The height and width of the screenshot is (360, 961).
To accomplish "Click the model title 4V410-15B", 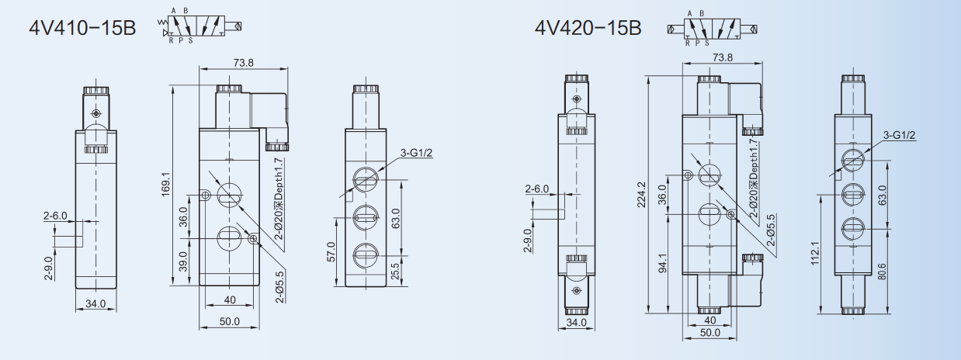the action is (82, 28).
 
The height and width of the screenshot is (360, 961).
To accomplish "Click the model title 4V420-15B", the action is (588, 28).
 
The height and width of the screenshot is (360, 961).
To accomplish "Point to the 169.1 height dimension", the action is (166, 185).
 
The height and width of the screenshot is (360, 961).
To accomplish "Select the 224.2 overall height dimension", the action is (641, 195).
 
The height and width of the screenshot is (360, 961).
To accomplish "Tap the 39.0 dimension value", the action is (184, 261).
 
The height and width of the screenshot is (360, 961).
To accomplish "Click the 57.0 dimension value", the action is (331, 251).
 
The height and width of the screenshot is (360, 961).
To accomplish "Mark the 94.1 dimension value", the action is (663, 263).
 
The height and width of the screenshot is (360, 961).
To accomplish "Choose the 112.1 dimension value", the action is (816, 253).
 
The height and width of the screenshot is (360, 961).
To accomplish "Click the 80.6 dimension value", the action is (882, 272).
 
